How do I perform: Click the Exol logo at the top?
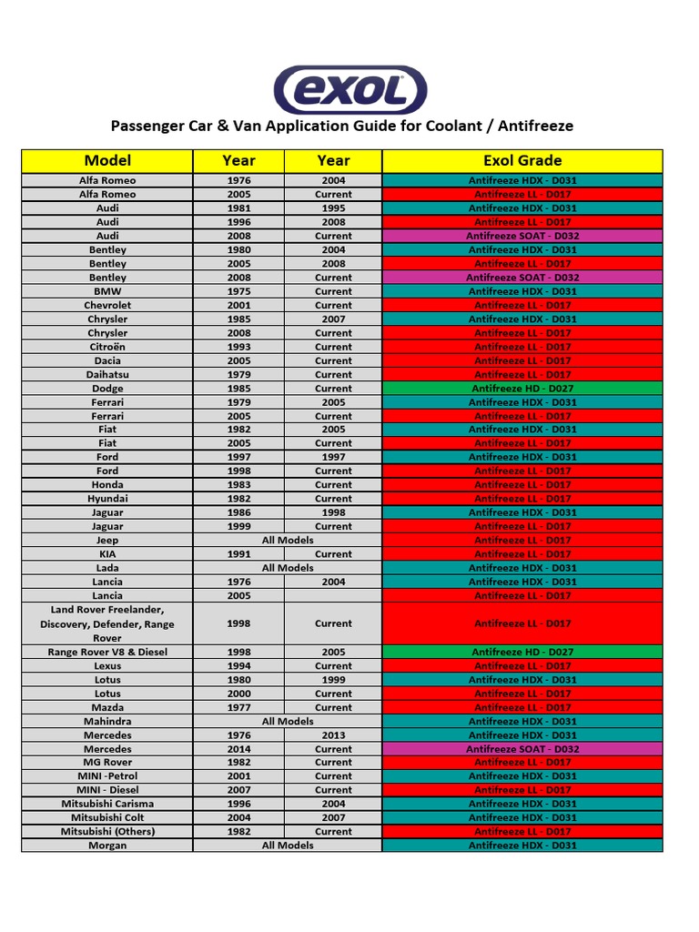350,89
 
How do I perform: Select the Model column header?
107,160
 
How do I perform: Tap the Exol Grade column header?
522,160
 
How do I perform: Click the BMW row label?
107,291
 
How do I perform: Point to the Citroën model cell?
107,347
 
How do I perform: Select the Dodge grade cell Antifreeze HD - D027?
522,389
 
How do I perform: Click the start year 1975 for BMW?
238,291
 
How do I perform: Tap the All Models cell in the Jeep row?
288,541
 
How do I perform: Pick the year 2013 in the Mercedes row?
333,735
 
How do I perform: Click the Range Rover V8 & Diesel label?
107,653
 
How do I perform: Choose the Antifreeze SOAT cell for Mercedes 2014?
522,749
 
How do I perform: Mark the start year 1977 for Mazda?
238,707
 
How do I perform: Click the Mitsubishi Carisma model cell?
107,804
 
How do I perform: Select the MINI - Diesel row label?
107,790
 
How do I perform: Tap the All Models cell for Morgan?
288,846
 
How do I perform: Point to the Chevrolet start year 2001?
238,306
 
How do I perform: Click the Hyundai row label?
107,499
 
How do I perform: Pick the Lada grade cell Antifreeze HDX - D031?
522,568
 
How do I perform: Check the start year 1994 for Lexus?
238,666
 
